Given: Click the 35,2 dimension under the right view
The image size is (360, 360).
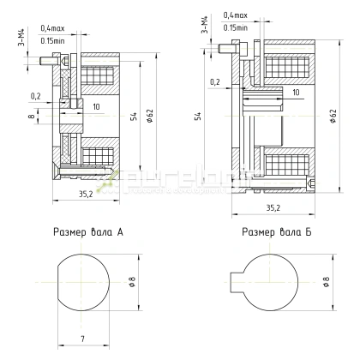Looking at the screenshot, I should click(273, 207).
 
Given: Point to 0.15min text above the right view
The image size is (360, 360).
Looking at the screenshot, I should click(236, 27).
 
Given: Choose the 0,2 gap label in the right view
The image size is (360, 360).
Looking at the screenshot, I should click(214, 81).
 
